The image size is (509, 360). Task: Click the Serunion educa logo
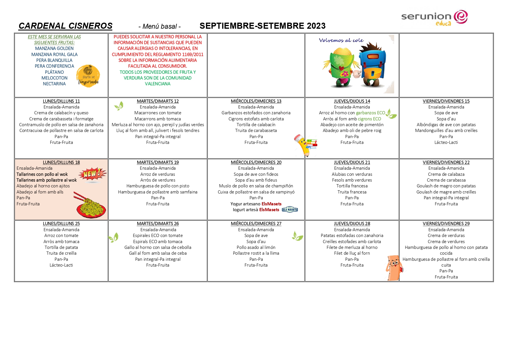click(x=434, y=18)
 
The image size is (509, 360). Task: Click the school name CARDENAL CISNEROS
click(x=65, y=26)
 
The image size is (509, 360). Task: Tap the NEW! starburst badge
click(x=93, y=174)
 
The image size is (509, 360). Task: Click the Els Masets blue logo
click(x=290, y=209)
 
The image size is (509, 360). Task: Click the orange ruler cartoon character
click(x=394, y=267)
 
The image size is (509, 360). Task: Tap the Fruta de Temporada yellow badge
click(x=88, y=76)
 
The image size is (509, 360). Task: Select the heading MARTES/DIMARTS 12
click(x=157, y=101)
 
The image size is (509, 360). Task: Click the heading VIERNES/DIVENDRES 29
click(x=446, y=224)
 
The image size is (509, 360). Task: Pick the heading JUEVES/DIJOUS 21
click(x=352, y=162)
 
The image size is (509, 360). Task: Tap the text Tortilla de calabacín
click(x=256, y=125)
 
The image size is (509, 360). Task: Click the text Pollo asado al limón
click(x=256, y=247)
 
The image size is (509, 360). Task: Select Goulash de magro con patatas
click(x=446, y=186)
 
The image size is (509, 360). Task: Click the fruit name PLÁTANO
click(x=54, y=72)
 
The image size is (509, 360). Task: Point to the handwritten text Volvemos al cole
click(x=341, y=40)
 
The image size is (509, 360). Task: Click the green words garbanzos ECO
click(x=370, y=113)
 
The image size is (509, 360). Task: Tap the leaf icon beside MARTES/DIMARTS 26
click(x=113, y=238)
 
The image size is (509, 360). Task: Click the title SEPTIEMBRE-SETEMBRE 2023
click(x=262, y=26)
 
